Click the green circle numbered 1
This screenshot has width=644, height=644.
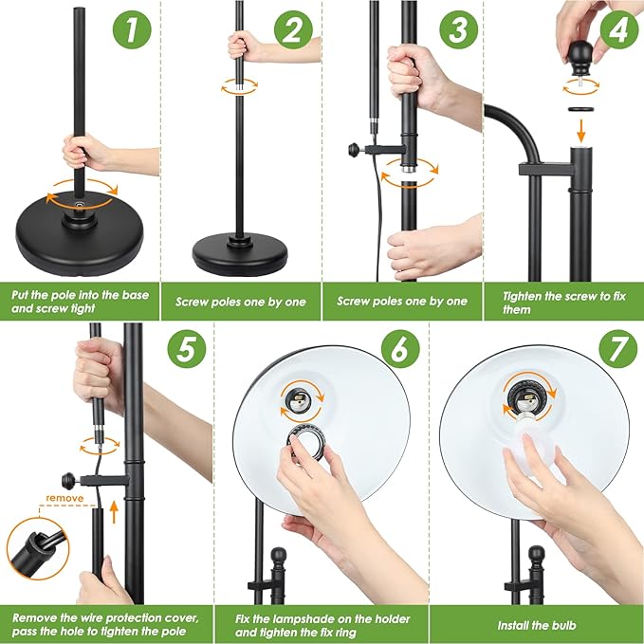click(x=132, y=29)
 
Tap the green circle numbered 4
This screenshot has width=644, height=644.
click(x=619, y=29)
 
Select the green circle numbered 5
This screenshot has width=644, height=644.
click(x=187, y=349)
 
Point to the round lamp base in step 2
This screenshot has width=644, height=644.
click(x=240, y=253)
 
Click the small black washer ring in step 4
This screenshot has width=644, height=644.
click(x=582, y=108)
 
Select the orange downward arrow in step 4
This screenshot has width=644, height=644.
click(x=580, y=130)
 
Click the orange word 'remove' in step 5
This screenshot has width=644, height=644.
click(x=64, y=498)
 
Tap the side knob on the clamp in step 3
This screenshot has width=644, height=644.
click(x=355, y=150)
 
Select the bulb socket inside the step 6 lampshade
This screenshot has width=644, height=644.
click(x=302, y=400)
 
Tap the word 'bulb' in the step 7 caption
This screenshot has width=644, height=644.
click(x=563, y=625)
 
